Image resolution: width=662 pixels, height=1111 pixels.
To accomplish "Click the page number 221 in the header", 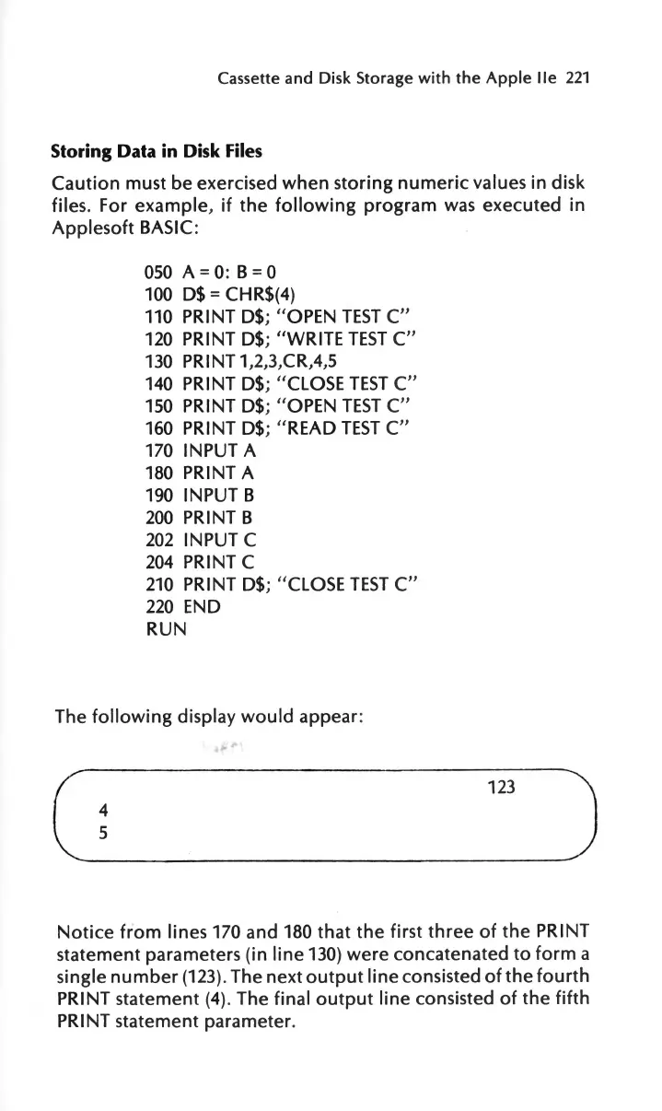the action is (x=577, y=80).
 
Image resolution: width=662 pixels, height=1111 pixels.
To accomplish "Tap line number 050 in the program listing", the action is (x=159, y=272).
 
